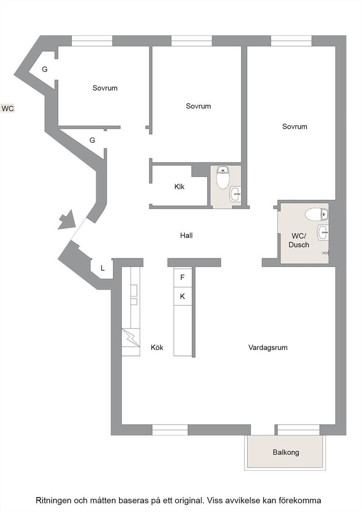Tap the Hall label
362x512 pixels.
click(x=186, y=235)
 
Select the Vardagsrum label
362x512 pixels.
click(x=268, y=348)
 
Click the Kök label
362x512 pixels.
click(x=157, y=347)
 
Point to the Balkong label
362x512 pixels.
click(x=286, y=453)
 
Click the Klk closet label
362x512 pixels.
click(x=180, y=187)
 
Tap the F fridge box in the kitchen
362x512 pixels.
click(x=182, y=277)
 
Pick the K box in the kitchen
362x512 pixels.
click(x=182, y=296)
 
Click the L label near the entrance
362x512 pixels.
click(x=103, y=268)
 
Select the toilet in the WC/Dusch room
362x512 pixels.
click(x=316, y=214)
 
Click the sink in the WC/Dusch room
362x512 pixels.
click(x=323, y=232)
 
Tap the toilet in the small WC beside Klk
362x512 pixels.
click(x=223, y=178)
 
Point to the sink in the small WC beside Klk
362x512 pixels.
click(x=235, y=194)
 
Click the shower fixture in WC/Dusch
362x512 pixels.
click(x=325, y=253)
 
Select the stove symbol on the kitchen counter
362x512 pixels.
click(x=131, y=338)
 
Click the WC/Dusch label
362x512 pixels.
click(x=299, y=240)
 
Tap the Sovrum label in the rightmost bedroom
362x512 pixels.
click(x=294, y=126)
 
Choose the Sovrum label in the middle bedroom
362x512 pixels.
click(x=198, y=106)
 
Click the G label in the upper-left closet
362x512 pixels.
click(x=45, y=69)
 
